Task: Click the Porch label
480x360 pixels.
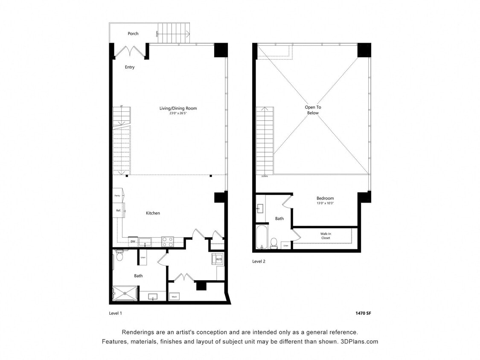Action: (x=133, y=34)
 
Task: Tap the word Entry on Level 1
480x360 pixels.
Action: (x=130, y=67)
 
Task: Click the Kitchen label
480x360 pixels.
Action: (x=153, y=213)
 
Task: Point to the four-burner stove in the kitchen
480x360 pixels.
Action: (x=168, y=242)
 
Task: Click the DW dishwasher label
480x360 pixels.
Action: (x=133, y=242)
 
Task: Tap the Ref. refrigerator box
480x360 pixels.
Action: (x=118, y=211)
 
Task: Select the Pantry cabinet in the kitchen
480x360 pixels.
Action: (x=117, y=195)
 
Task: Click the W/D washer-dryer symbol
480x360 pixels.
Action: (x=218, y=259)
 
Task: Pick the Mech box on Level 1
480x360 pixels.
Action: (x=175, y=297)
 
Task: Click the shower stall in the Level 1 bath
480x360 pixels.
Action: (x=125, y=293)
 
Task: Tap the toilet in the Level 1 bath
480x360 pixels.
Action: (x=119, y=255)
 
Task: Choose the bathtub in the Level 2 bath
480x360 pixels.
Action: (x=261, y=237)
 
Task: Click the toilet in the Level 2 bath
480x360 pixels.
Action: (x=274, y=243)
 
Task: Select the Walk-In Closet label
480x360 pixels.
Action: (x=326, y=236)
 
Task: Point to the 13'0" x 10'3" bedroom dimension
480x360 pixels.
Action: (x=325, y=203)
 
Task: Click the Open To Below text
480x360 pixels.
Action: (x=312, y=110)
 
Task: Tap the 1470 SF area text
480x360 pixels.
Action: (x=363, y=313)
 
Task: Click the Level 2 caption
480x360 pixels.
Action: (x=259, y=261)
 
